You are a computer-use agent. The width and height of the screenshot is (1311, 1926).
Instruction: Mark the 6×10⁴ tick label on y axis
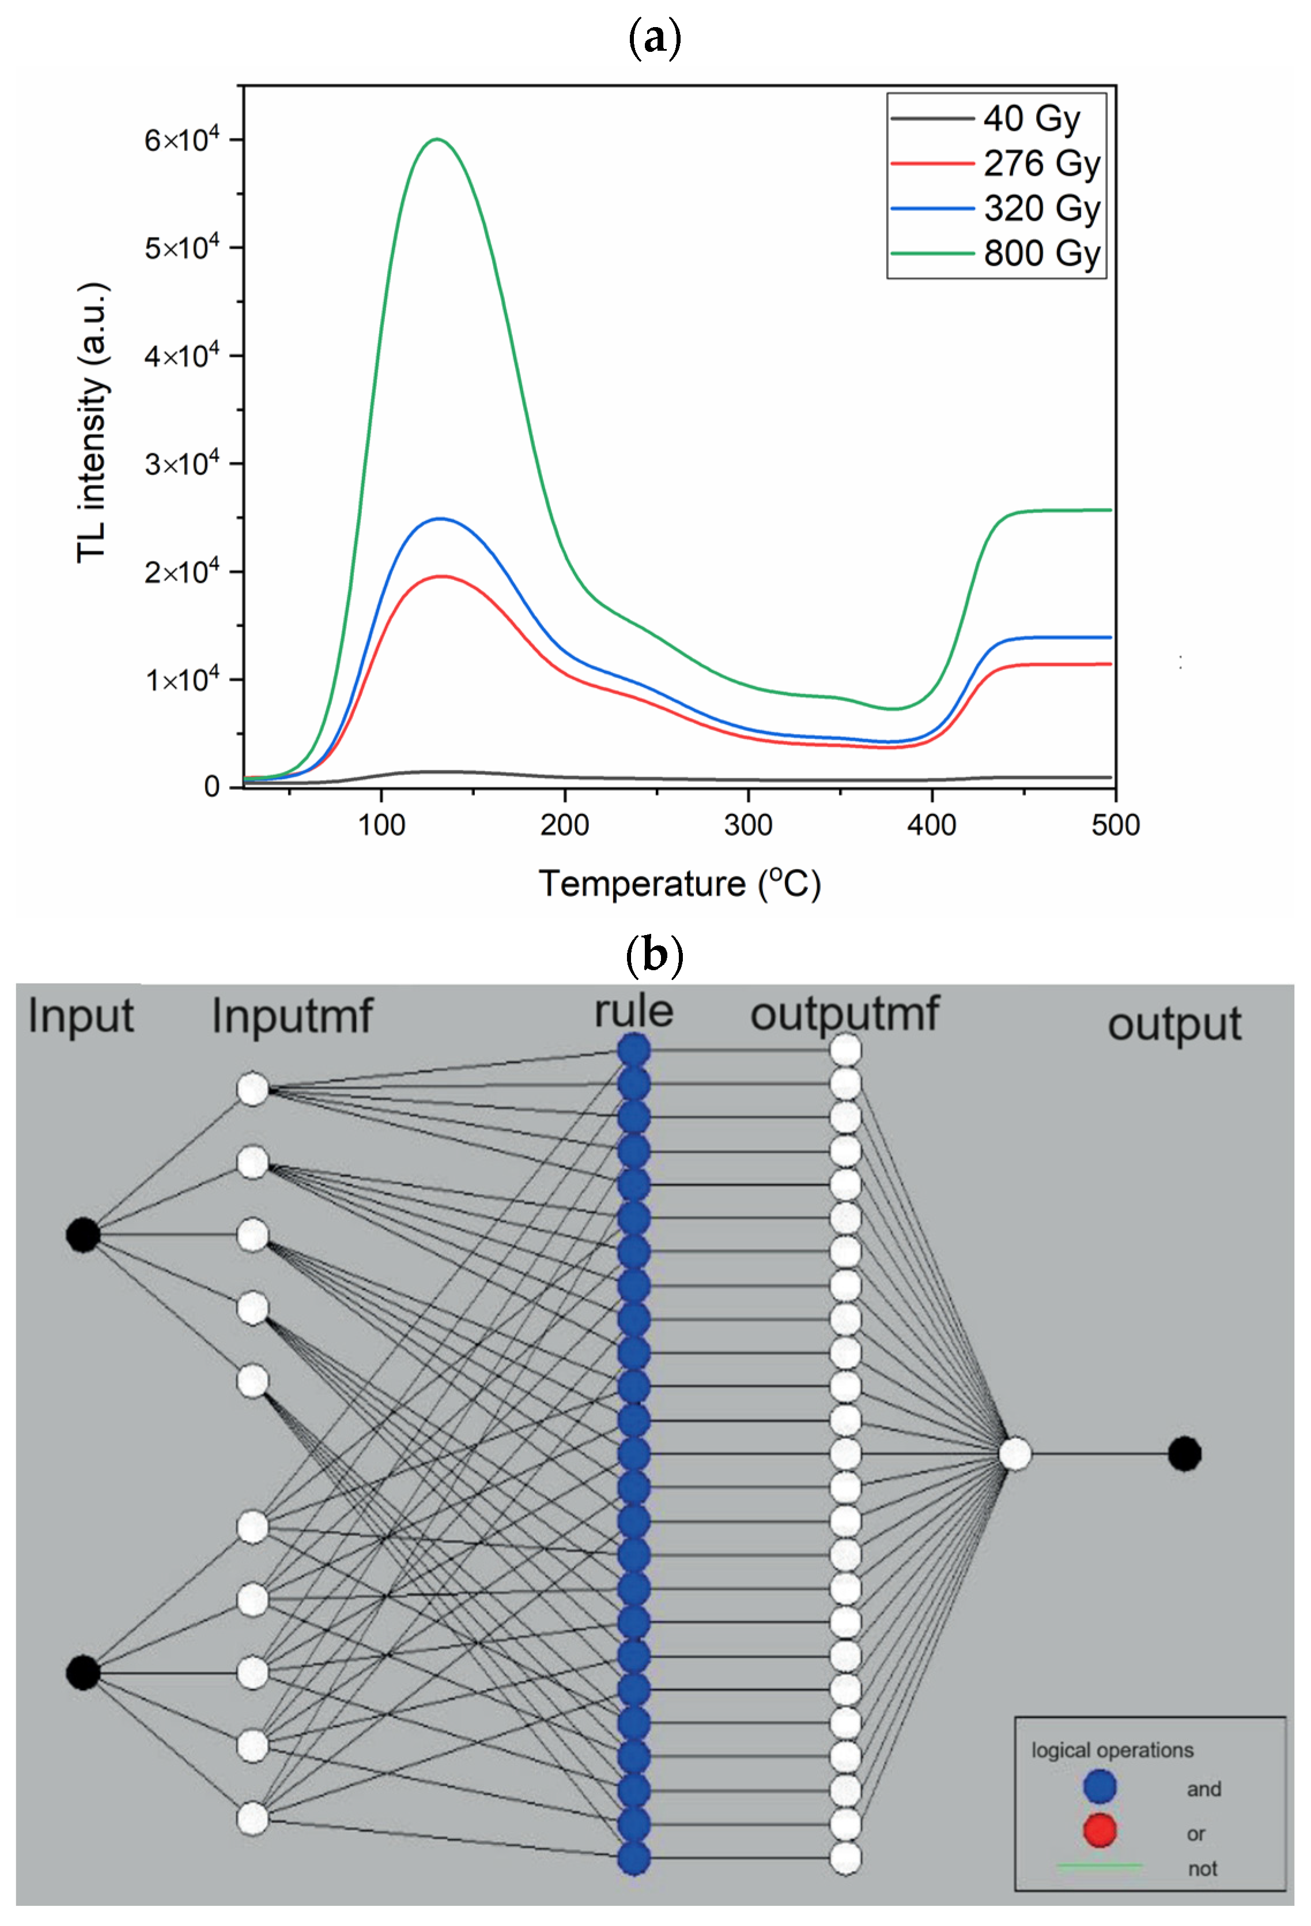click(x=182, y=140)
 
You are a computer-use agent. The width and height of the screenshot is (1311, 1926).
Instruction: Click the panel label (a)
click(x=655, y=39)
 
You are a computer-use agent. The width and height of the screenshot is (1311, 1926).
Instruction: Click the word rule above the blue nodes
click(x=634, y=1011)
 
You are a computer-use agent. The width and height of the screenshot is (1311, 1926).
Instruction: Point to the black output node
click(x=1184, y=1454)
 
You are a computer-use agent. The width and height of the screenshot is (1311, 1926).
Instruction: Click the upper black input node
click(x=83, y=1235)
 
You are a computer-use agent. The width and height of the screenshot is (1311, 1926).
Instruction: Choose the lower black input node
click(x=83, y=1672)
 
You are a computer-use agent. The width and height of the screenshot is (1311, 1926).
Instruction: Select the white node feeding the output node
click(x=1015, y=1454)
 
